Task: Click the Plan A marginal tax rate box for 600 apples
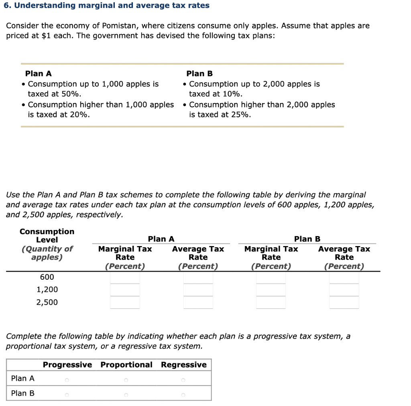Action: coord(125,278)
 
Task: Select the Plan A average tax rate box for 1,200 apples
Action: coord(198,290)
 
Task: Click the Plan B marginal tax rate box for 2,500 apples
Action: coord(271,302)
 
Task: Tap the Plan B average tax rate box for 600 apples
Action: coord(344,278)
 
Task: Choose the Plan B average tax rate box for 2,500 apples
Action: coord(344,302)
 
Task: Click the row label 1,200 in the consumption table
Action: coord(47,290)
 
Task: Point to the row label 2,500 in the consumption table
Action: coord(47,303)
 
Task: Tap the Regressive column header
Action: coord(184,365)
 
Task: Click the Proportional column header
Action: coord(126,365)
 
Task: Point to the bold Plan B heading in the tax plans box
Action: coord(199,74)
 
